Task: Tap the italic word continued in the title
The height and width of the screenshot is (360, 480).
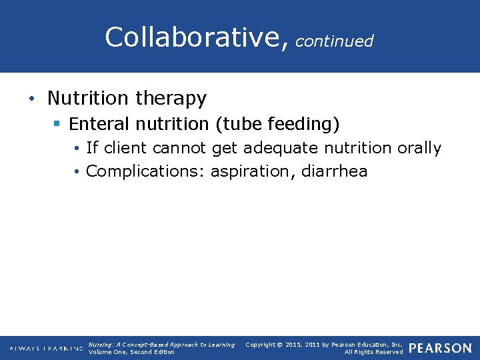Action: tap(334, 41)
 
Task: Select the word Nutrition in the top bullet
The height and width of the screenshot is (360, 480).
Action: tap(88, 99)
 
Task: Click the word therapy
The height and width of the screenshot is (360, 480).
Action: tap(171, 99)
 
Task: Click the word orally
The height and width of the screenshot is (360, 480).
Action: tap(419, 148)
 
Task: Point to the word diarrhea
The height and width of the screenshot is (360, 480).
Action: tap(334, 171)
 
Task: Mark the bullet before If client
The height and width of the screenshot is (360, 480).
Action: tap(78, 148)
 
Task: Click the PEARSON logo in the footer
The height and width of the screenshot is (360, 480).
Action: tap(441, 348)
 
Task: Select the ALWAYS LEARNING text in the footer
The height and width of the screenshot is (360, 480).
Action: tap(47, 349)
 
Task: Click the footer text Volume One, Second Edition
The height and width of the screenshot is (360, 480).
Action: tap(131, 352)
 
